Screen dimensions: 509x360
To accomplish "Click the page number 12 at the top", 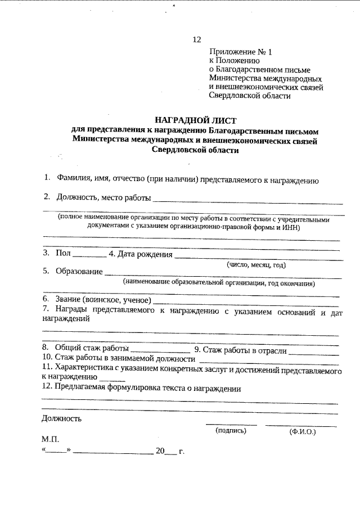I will click(196, 39).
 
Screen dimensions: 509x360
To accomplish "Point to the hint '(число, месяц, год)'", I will click(256, 264).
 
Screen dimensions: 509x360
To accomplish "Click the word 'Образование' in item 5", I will click(78, 272).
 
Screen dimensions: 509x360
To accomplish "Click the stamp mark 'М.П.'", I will click(49, 439).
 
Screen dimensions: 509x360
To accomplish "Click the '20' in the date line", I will click(161, 451).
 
